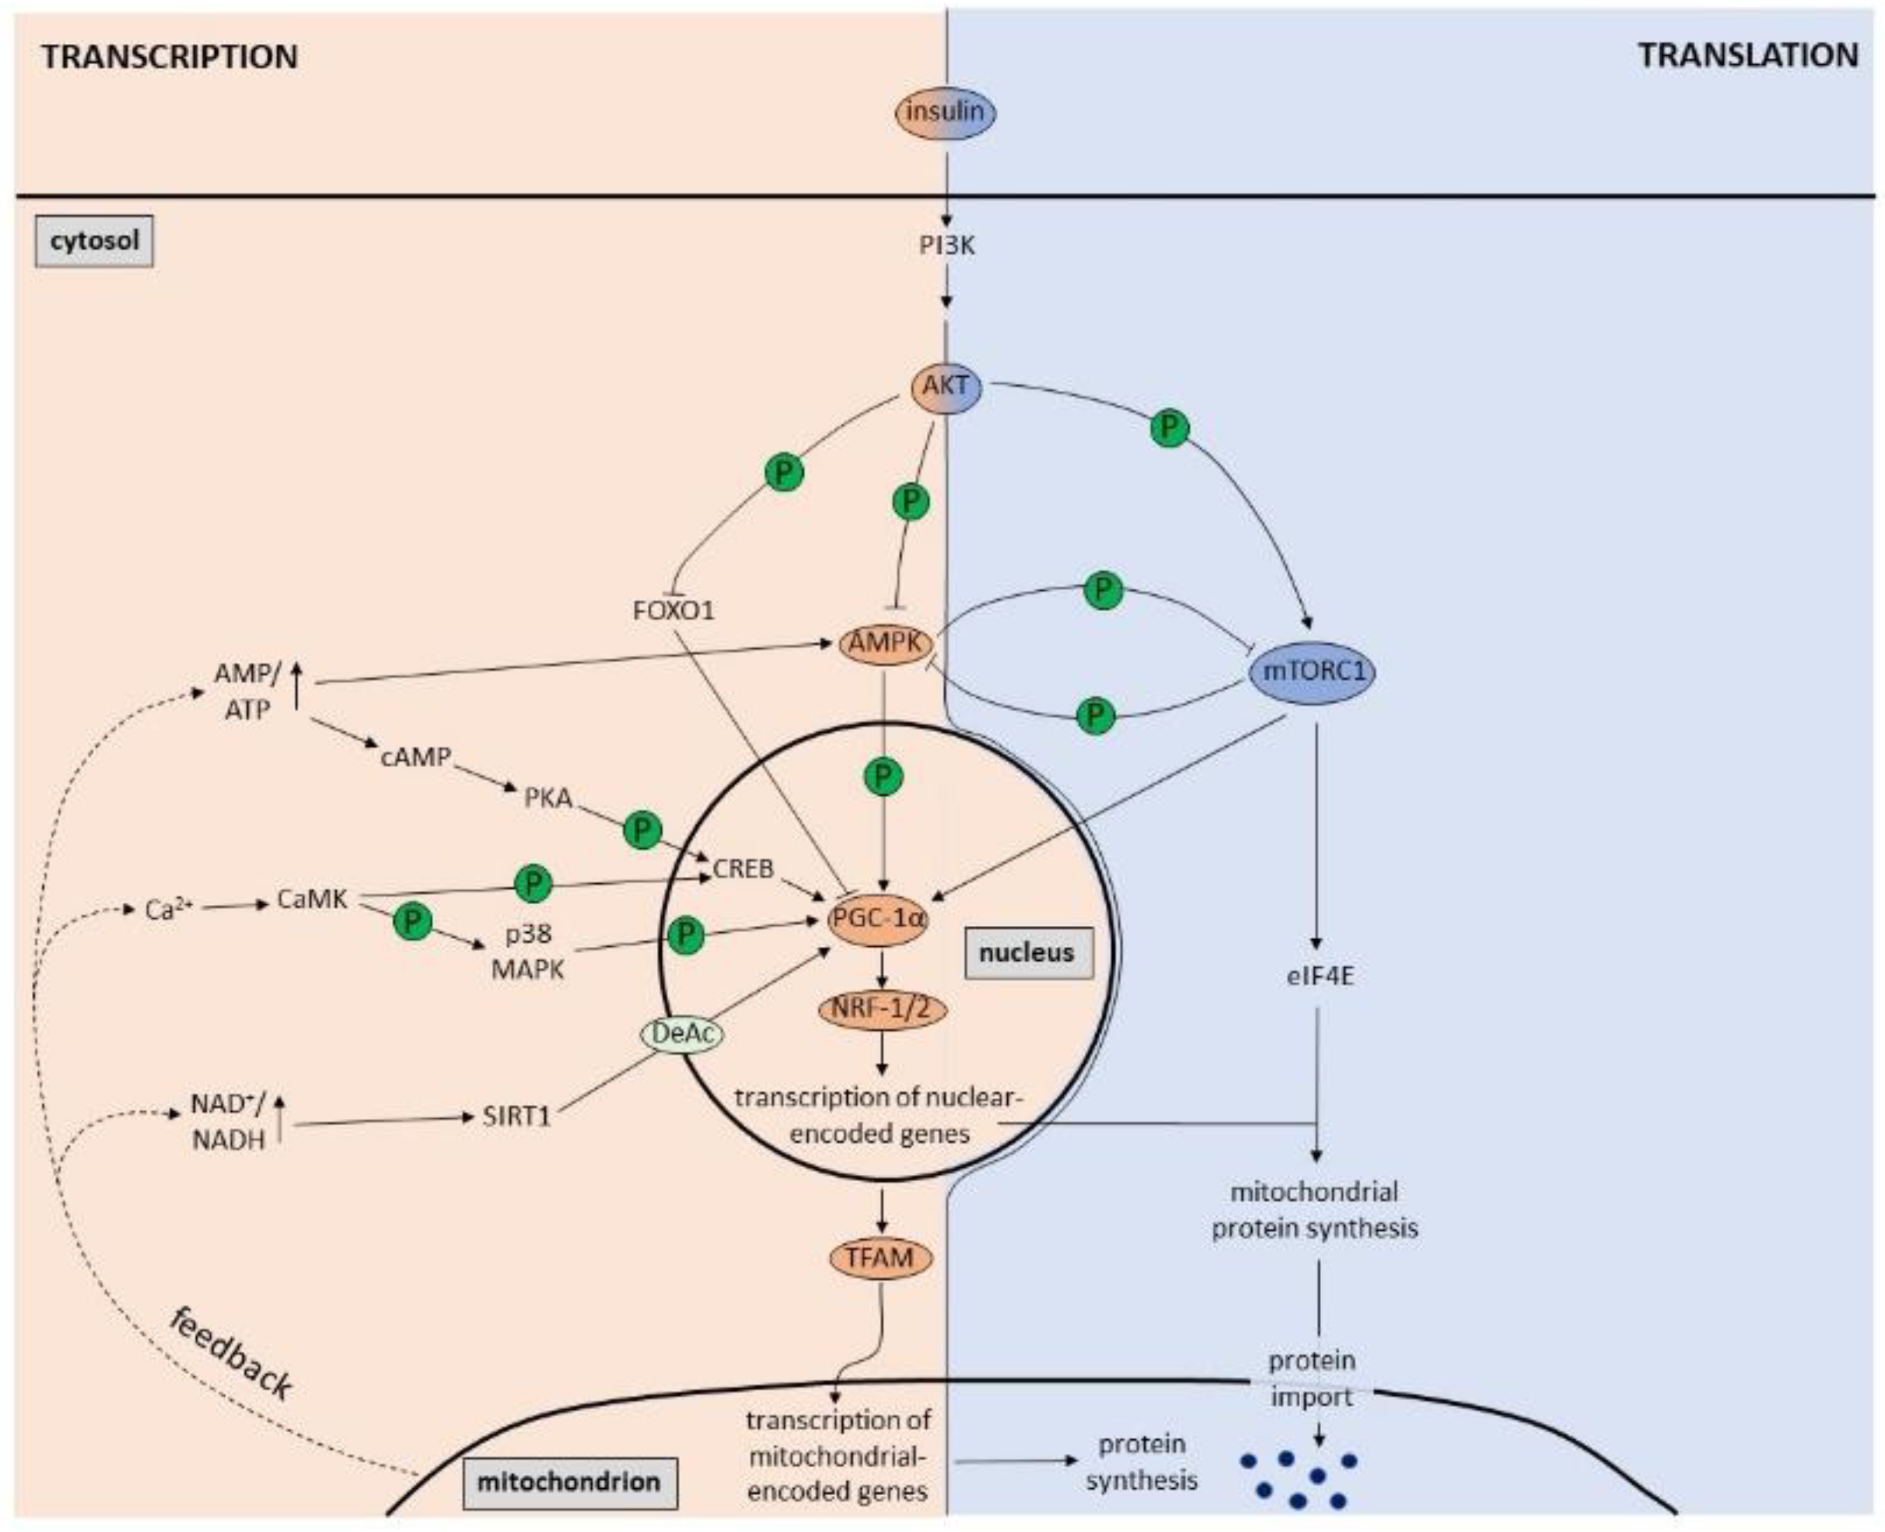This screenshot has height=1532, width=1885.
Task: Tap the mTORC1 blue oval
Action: coord(1313,672)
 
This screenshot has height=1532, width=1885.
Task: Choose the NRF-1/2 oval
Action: coord(882,1008)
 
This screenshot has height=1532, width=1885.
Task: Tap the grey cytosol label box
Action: coord(93,240)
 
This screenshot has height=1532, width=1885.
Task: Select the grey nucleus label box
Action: coord(1027,953)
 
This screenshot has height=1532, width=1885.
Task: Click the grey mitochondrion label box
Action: coord(569,1482)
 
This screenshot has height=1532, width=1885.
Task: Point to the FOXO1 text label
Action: coord(674,610)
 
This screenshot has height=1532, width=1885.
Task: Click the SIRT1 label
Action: coord(517,1116)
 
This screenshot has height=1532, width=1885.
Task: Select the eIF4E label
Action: coord(1316,977)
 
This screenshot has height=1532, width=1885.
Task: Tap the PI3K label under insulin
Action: coord(946,245)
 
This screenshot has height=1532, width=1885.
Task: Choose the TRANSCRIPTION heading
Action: coord(170,57)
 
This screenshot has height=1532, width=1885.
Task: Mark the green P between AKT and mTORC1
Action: coord(1170,428)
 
